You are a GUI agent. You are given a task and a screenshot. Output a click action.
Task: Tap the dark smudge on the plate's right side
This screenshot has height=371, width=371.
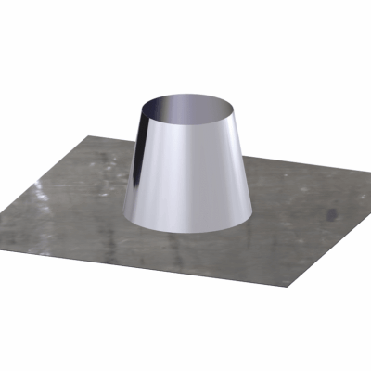pyautogui.click(x=331, y=214)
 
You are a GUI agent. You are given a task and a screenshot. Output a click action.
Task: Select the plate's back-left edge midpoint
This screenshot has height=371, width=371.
pyautogui.click(x=51, y=167)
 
